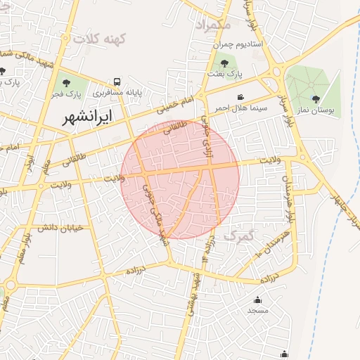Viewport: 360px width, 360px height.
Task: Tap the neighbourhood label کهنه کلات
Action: pos(103,39)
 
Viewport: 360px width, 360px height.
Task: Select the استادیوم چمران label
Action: pos(238,44)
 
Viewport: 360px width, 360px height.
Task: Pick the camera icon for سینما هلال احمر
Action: pos(240,97)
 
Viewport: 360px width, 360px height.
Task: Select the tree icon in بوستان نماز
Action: pos(316,98)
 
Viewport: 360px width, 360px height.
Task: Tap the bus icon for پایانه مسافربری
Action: pos(117,82)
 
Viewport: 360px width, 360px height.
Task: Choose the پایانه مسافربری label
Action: pos(105,92)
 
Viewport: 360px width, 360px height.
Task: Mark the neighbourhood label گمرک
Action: pos(238,237)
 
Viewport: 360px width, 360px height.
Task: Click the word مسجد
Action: pos(256,310)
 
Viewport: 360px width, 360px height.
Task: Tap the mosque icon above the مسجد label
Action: pos(256,300)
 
